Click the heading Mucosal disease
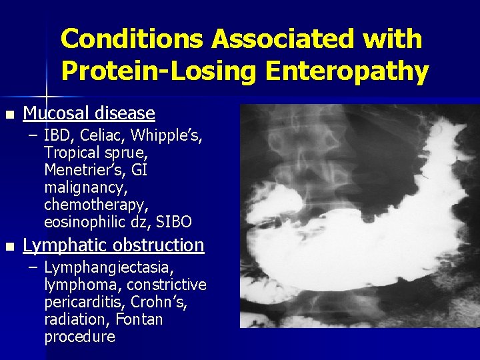coord(89,113)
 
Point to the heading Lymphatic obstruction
coord(113,245)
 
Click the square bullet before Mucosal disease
coord(8,114)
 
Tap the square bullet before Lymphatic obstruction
coord(8,246)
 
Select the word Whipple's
coord(167,136)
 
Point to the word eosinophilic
coord(83,221)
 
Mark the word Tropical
coord(69,153)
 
